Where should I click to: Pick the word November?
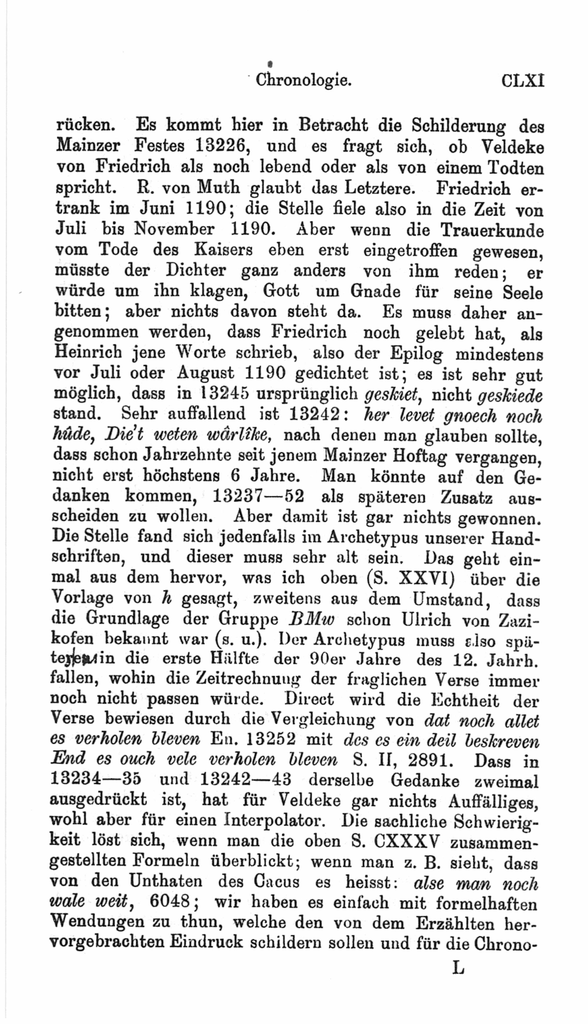(174, 229)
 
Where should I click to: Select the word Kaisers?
(223, 250)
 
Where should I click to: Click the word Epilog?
(416, 353)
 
